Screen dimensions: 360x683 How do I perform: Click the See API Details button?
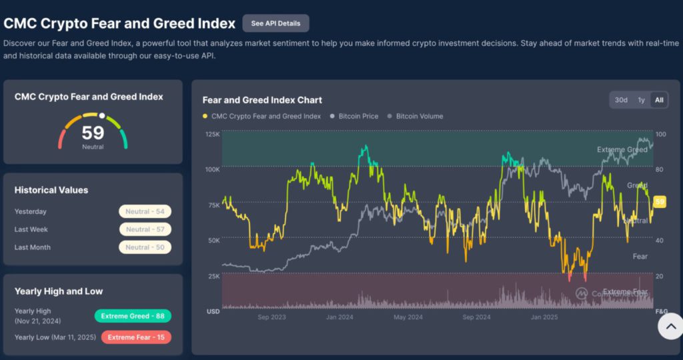[x=275, y=23]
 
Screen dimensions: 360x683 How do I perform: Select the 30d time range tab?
[x=621, y=100]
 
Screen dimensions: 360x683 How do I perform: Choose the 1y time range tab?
[x=641, y=100]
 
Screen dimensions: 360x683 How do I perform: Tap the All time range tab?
[x=659, y=100]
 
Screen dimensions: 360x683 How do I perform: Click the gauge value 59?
[x=93, y=133]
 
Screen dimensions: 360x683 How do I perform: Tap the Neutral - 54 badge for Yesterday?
[x=145, y=211]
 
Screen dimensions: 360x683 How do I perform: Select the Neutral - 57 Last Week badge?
[x=145, y=229]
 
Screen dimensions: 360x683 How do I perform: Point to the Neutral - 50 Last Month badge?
[x=145, y=247]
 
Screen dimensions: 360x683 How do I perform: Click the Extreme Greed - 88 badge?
[x=133, y=316]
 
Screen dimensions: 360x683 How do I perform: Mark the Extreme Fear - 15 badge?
[x=136, y=337]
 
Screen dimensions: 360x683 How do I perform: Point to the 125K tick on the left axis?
[x=212, y=134]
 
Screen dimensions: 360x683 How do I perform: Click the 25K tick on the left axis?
[x=213, y=275]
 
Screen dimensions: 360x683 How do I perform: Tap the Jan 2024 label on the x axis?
[x=339, y=317]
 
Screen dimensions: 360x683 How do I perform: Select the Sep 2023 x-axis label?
[x=271, y=317]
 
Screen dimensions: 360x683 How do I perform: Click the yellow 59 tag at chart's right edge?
[x=660, y=201]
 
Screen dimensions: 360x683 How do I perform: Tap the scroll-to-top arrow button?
[x=670, y=326]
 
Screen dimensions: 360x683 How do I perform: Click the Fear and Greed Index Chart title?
[x=262, y=100]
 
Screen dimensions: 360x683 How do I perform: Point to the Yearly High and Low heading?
[x=59, y=291]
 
